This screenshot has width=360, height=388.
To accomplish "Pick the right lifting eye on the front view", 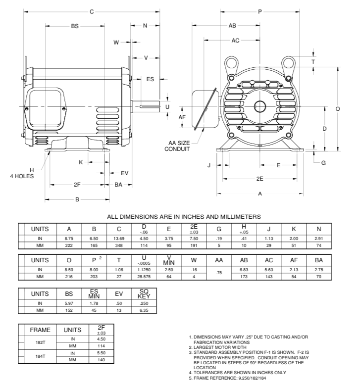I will point(289,63).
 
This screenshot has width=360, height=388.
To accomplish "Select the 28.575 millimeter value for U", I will point(144,276).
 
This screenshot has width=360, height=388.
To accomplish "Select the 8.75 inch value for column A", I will point(69,238).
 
